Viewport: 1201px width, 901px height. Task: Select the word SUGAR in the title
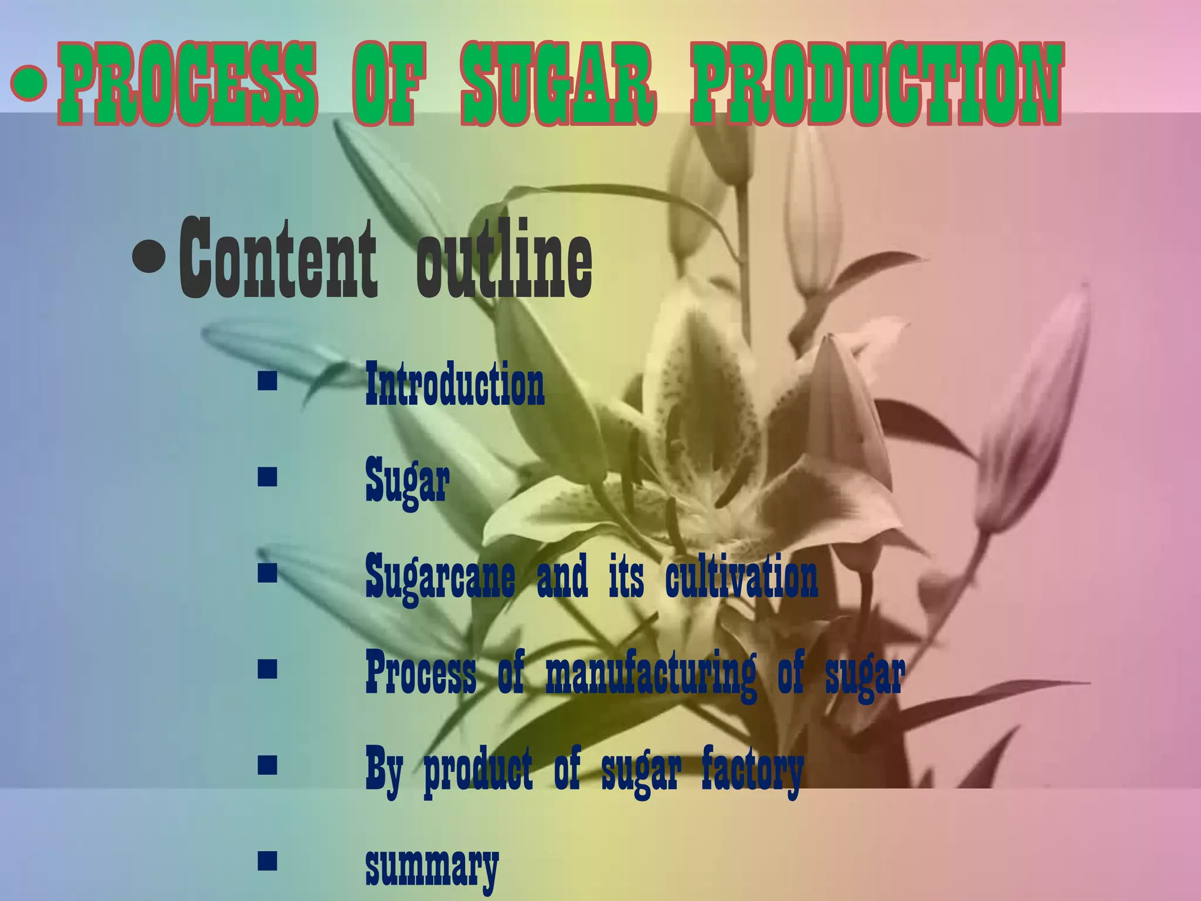pos(558,84)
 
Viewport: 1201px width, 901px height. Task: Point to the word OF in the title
pos(384,84)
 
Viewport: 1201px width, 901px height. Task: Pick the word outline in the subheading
pos(504,258)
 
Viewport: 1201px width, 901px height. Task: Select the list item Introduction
pos(454,384)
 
